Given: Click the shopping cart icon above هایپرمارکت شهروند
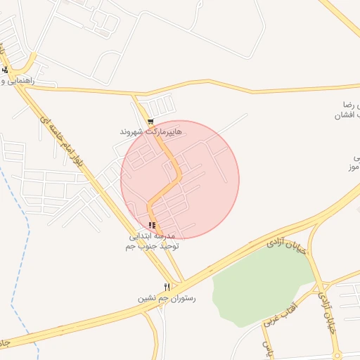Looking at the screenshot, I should pos(150,122).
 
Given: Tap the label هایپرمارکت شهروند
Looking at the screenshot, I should pos(150,131).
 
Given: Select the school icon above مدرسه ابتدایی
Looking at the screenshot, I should pos(152,225).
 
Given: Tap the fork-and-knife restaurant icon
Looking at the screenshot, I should pos(167,287).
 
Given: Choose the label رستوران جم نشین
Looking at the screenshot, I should pos(167,298).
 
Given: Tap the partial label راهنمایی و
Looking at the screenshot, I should pos(29,81).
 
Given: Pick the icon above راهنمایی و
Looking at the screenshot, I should pos(6,70).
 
